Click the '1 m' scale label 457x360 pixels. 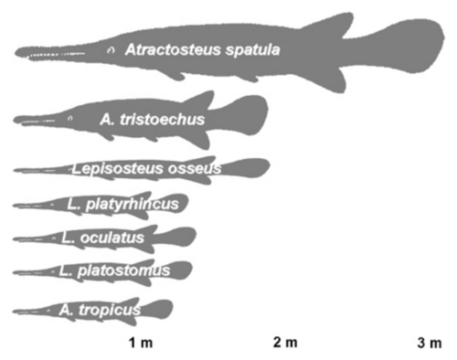tap(141, 343)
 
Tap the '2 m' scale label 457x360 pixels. tap(285, 343)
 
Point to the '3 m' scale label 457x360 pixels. tap(430, 343)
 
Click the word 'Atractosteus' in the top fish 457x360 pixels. tap(173, 49)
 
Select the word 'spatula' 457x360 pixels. tap(252, 50)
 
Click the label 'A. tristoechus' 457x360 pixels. tap(153, 120)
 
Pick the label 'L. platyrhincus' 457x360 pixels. tap(122, 205)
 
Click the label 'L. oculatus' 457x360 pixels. tap(102, 238)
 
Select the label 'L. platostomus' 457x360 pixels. tap(114, 270)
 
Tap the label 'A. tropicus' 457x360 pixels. tap(100, 311)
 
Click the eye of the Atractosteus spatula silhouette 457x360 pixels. tap(111, 50)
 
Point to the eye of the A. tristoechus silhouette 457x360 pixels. tap(70, 118)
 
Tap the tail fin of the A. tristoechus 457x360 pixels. tap(247, 115)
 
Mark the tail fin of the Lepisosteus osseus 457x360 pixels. tap(248, 168)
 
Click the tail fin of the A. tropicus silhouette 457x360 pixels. tap(159, 309)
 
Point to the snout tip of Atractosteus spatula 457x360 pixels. tap(16, 52)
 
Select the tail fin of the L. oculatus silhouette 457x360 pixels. tap(180, 237)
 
